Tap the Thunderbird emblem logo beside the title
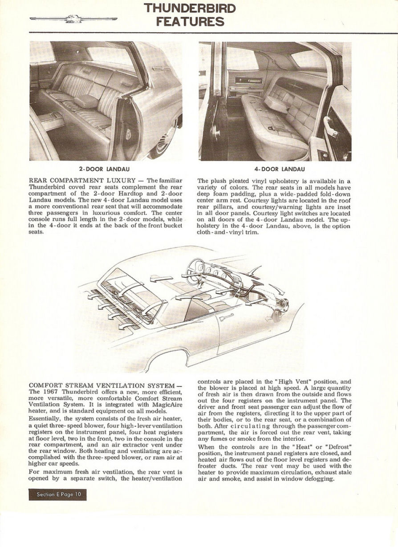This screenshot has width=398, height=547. [x=73, y=19]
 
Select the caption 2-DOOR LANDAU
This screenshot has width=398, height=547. [x=106, y=169]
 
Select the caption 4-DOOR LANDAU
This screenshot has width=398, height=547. [x=275, y=169]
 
